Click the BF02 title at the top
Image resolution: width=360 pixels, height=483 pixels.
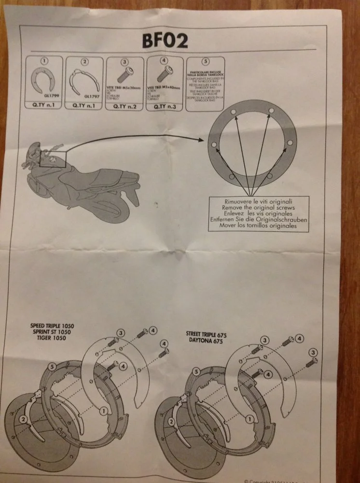(x=164, y=40)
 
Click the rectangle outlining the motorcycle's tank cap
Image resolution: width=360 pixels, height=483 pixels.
(x=52, y=158)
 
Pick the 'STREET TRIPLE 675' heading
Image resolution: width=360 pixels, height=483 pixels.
(x=213, y=334)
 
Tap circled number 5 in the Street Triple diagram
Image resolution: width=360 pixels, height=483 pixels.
(x=195, y=371)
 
